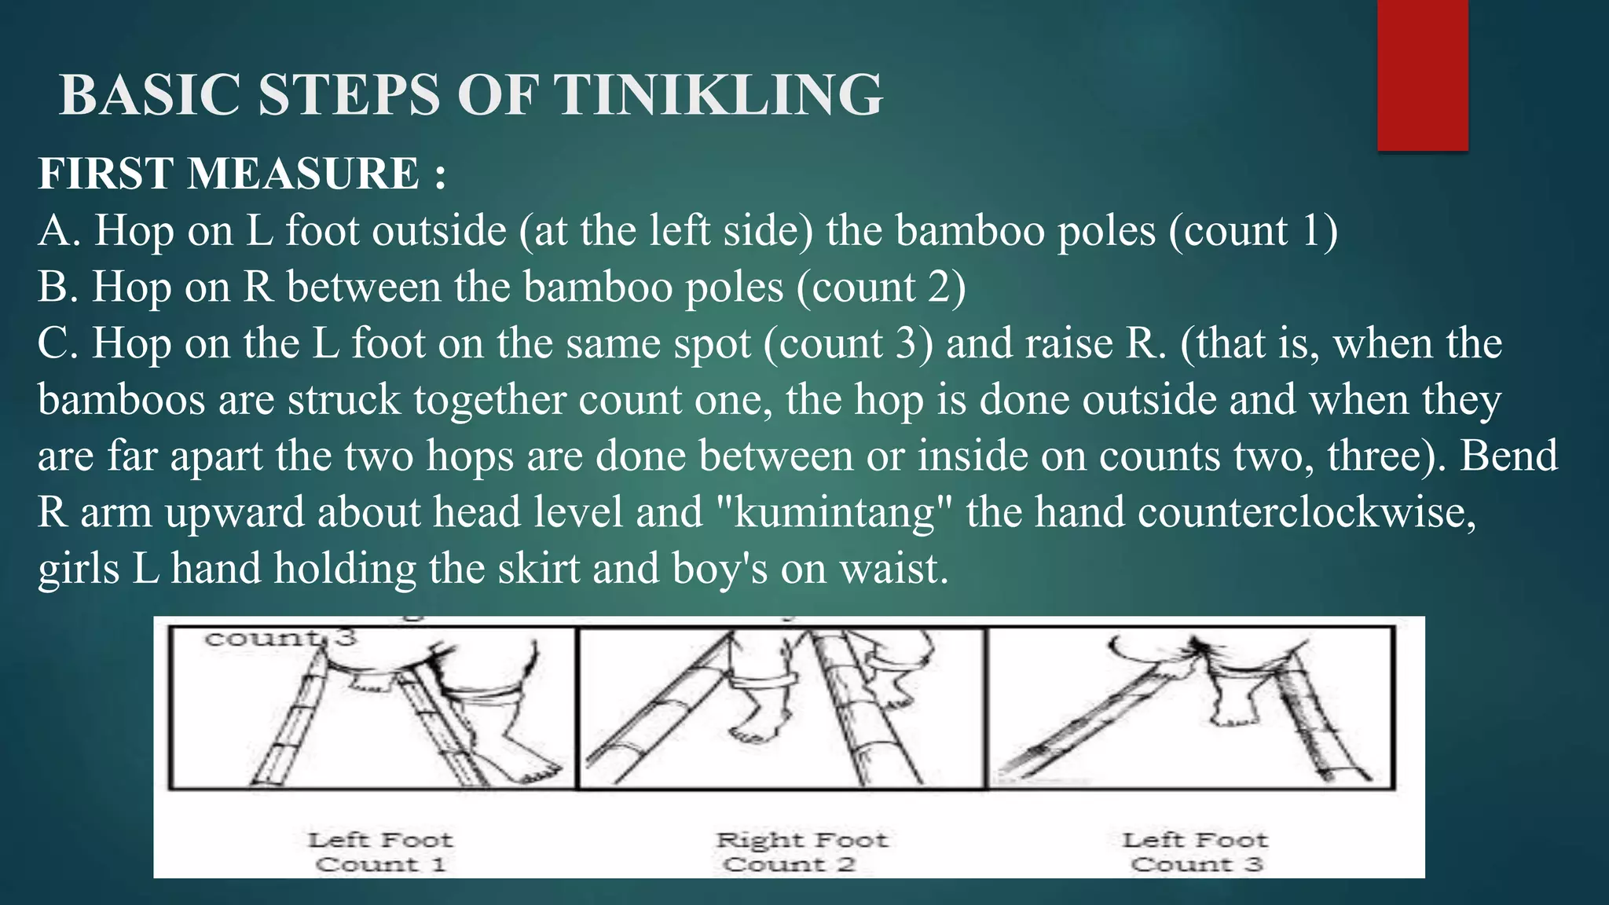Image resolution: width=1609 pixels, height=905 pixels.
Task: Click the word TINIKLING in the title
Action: click(718, 95)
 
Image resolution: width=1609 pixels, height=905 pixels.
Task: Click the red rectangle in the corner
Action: click(1422, 75)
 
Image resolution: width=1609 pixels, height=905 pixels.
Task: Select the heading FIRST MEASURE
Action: click(241, 174)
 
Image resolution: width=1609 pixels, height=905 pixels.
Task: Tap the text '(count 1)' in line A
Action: click(1253, 231)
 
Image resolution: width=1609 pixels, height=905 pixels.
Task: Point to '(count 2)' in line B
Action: click(881, 288)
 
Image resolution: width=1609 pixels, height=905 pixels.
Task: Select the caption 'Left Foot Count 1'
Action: click(380, 852)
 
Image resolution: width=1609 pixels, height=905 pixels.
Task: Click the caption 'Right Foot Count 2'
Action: click(801, 852)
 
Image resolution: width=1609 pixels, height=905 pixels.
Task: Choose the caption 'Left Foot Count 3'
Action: click(1195, 852)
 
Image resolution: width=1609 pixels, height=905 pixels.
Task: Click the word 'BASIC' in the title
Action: click(149, 95)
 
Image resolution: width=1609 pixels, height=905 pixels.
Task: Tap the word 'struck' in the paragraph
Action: click(344, 400)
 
